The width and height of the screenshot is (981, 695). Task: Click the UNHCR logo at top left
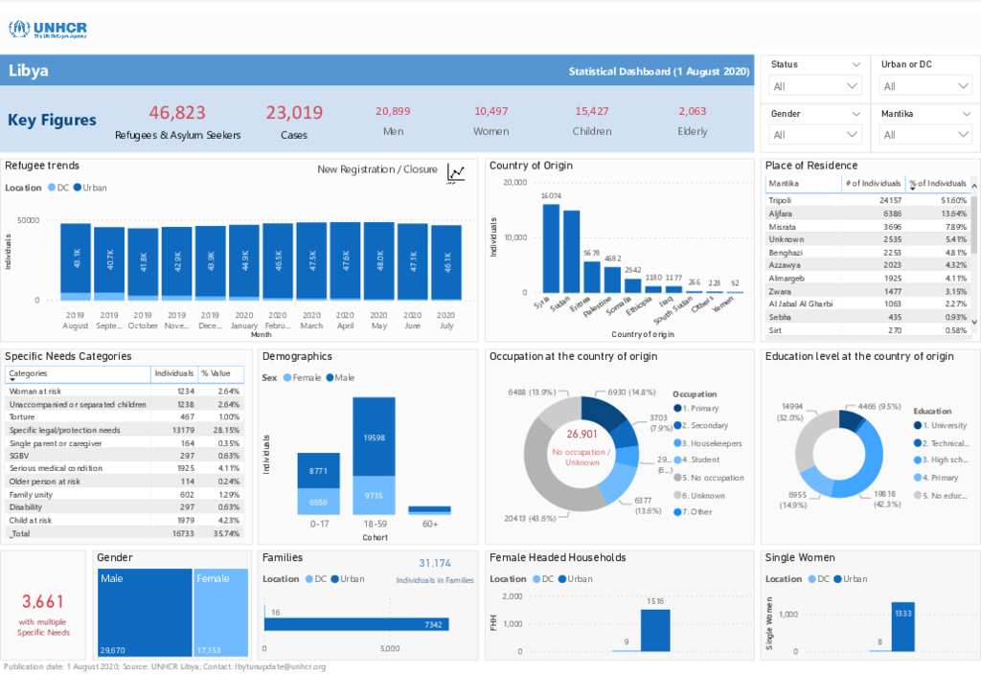(48, 29)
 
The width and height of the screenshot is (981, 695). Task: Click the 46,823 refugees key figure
(177, 113)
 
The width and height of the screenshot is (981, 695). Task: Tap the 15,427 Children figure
(592, 112)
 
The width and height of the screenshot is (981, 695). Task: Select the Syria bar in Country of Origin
(551, 248)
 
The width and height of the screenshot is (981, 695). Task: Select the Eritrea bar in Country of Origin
(592, 276)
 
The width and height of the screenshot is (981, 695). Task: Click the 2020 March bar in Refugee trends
(311, 258)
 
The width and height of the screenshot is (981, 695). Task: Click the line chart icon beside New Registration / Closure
(456, 172)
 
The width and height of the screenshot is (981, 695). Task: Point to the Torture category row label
(23, 416)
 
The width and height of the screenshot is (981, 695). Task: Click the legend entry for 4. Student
(702, 460)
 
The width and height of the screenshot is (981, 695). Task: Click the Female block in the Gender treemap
(220, 613)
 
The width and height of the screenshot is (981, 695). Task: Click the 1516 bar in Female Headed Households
(655, 630)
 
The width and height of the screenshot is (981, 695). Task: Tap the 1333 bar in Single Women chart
(902, 627)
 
